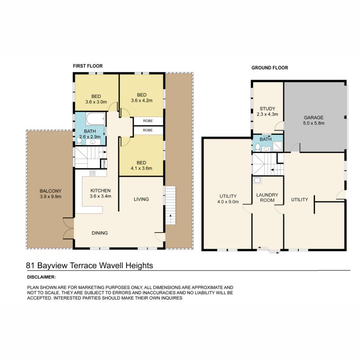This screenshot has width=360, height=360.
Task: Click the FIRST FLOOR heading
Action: (x=88, y=66)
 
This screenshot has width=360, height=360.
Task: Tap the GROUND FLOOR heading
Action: (x=270, y=68)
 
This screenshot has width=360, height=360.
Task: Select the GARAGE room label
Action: (x=313, y=120)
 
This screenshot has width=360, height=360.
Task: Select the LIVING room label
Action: (x=141, y=199)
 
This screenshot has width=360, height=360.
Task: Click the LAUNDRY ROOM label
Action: (x=267, y=198)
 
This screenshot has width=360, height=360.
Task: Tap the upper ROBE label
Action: (x=148, y=121)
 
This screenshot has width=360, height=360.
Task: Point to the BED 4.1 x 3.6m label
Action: (x=142, y=166)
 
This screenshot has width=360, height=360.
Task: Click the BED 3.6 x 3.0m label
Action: (x=96, y=99)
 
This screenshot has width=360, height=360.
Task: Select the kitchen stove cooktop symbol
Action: (x=92, y=173)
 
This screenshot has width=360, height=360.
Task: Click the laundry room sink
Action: (x=258, y=181)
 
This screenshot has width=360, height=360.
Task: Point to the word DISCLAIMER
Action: (x=41, y=277)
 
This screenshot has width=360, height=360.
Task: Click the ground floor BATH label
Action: (x=265, y=139)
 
